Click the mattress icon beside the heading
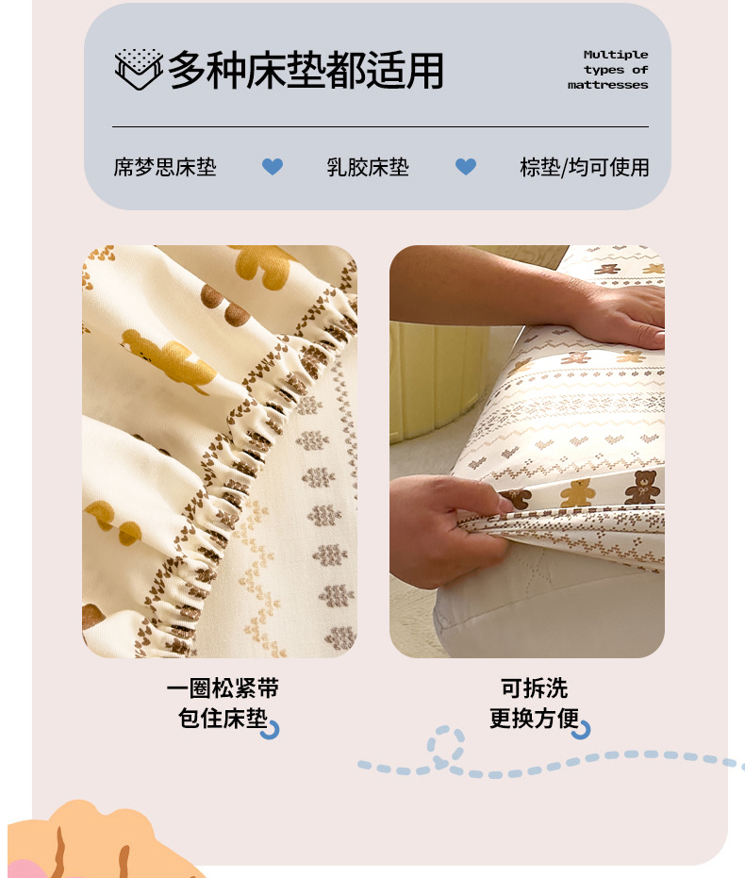pos(139,69)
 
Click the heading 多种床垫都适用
pos(306,70)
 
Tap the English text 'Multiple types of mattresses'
pos(608,70)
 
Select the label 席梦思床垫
pos(165,167)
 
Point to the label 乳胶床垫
pos(368,167)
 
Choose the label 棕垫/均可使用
pos(585,167)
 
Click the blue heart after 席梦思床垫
pos(273,166)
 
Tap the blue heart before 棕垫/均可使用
pos(466,166)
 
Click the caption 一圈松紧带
pos(223,688)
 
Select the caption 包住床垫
pos(223,718)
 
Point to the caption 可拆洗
pos(534,688)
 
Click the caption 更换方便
pos(534,718)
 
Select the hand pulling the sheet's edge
pos(448,529)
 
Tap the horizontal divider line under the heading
pos(381,127)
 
